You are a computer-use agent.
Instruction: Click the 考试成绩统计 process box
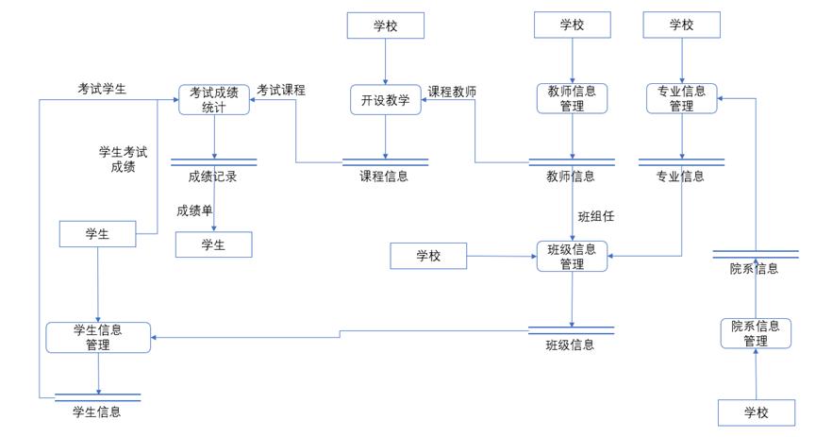pyautogui.click(x=214, y=99)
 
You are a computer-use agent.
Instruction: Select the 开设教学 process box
pyautogui.click(x=385, y=100)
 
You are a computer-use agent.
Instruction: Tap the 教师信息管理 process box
pyautogui.click(x=572, y=98)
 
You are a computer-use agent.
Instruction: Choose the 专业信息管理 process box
pyautogui.click(x=681, y=98)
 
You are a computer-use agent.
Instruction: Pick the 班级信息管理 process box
pyautogui.click(x=572, y=256)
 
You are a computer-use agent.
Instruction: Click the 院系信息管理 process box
pyautogui.click(x=755, y=333)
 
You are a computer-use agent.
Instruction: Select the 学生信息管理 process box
pyautogui.click(x=98, y=337)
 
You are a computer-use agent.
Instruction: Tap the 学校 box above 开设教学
pyautogui.click(x=385, y=25)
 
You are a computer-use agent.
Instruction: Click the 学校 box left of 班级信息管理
pyautogui.click(x=428, y=256)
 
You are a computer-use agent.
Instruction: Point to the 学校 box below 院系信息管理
pyautogui.click(x=756, y=412)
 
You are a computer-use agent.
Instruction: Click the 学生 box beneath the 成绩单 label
pyautogui.click(x=213, y=245)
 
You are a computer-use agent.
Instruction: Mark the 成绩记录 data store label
pyautogui.click(x=212, y=176)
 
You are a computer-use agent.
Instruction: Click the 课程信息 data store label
pyautogui.click(x=384, y=176)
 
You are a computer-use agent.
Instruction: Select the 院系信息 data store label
pyautogui.click(x=754, y=268)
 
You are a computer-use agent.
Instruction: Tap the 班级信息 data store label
pyautogui.click(x=570, y=345)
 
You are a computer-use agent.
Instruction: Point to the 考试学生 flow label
pyautogui.click(x=102, y=89)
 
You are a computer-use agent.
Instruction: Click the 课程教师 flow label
pyautogui.click(x=452, y=92)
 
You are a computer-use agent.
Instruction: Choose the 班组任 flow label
pyautogui.click(x=595, y=216)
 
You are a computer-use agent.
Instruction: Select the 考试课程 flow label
pyautogui.click(x=281, y=90)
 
